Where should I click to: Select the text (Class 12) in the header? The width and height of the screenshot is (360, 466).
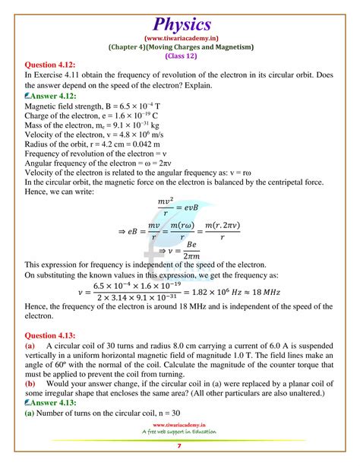pos(179,55)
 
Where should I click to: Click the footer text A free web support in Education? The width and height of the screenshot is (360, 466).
pos(179,439)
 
